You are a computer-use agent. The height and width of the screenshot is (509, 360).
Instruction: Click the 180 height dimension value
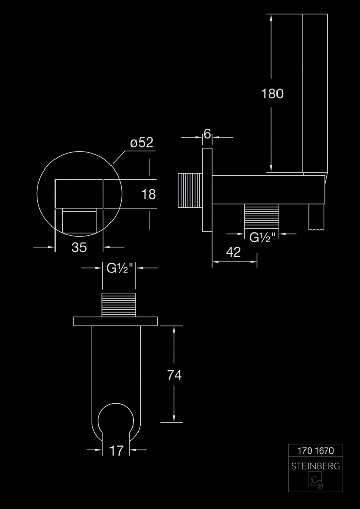(x=272, y=94)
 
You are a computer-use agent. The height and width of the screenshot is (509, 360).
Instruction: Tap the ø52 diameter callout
(x=142, y=143)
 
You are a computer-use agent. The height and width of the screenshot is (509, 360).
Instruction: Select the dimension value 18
(x=148, y=194)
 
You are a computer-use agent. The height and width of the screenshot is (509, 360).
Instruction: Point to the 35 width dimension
(x=79, y=248)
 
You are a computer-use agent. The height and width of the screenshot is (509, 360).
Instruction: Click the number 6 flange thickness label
(x=207, y=133)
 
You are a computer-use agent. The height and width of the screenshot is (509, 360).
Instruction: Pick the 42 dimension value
(x=233, y=252)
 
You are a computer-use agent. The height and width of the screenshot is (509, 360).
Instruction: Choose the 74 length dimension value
(x=174, y=375)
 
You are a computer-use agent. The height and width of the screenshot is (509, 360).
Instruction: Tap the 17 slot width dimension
(x=116, y=450)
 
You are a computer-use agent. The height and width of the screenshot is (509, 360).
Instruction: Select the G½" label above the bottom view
(x=120, y=268)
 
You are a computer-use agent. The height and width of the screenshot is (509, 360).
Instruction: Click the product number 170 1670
(x=316, y=450)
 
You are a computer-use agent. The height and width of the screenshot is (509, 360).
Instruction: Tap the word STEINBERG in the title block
(x=316, y=466)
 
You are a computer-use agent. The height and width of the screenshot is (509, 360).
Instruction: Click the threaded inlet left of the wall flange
(x=190, y=190)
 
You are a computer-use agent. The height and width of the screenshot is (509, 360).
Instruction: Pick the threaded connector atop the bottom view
(x=119, y=304)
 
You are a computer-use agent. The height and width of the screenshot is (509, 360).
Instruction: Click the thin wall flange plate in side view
(x=207, y=189)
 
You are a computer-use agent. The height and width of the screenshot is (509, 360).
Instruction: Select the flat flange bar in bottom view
(x=116, y=321)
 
